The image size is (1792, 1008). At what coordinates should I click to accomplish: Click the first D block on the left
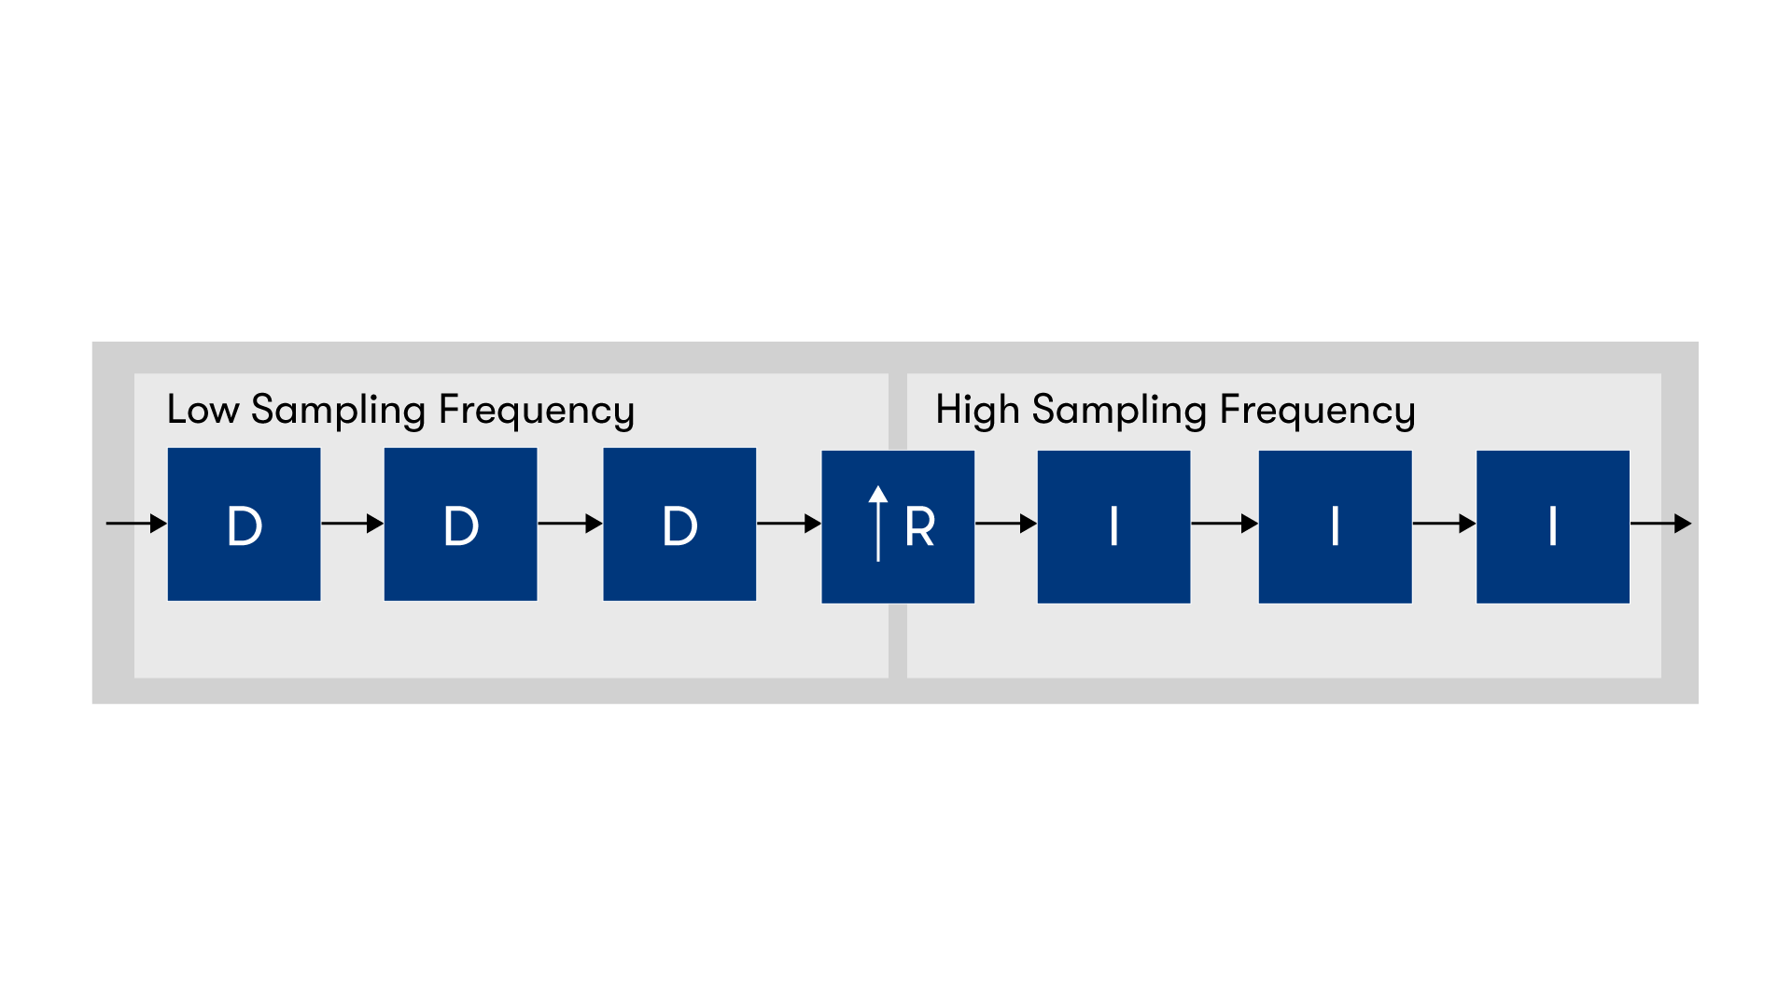(x=244, y=525)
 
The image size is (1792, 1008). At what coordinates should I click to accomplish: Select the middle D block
(x=460, y=525)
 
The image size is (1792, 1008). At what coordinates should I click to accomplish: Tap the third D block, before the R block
(x=679, y=525)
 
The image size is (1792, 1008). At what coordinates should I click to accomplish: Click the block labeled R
(x=898, y=527)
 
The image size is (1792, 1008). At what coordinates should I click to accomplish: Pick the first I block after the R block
(x=1113, y=527)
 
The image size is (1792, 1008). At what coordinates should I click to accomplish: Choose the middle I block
(x=1335, y=527)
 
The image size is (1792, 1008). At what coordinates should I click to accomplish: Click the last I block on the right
(x=1552, y=527)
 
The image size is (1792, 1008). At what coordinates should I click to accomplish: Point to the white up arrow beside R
(x=878, y=524)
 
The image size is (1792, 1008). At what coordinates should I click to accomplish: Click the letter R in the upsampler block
(x=919, y=527)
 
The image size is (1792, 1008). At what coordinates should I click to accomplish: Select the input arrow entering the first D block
(x=136, y=524)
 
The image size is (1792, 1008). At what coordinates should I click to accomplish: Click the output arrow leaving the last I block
(x=1660, y=524)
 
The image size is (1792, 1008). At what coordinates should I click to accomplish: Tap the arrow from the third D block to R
(x=789, y=524)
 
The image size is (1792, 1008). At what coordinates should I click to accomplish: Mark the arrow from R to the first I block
(x=1006, y=524)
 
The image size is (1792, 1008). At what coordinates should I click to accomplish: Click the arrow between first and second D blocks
(x=352, y=524)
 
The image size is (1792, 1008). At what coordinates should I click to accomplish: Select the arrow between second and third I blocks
(x=1444, y=524)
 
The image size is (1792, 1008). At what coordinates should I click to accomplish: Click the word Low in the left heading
(x=203, y=410)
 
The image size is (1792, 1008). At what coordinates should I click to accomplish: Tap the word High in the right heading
(x=977, y=410)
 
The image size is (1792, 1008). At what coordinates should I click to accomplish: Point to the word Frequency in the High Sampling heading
(x=1317, y=410)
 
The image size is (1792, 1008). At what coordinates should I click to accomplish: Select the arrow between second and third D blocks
(x=569, y=524)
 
